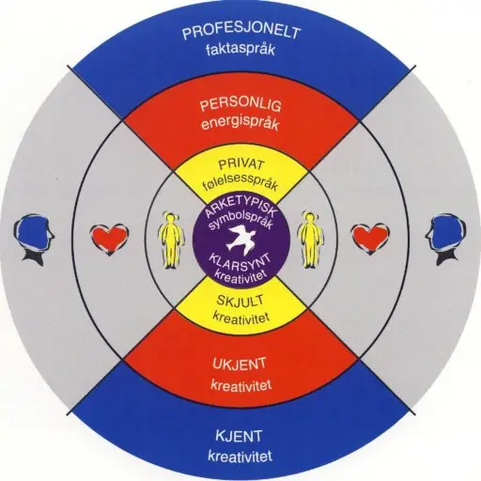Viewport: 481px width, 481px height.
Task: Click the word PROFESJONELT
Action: pyautogui.click(x=241, y=33)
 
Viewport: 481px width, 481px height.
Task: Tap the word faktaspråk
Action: pyautogui.click(x=240, y=50)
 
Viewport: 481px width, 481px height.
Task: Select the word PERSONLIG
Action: pyautogui.click(x=240, y=106)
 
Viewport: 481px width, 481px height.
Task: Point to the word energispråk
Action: pyautogui.click(x=240, y=124)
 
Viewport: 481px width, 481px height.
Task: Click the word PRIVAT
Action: pyautogui.click(x=241, y=164)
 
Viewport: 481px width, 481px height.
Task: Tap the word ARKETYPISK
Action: pyautogui.click(x=240, y=209)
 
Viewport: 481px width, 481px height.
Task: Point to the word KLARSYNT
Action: pyautogui.click(x=240, y=260)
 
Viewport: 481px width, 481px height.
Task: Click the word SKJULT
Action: pyautogui.click(x=240, y=302)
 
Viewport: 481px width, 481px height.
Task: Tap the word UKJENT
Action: pyautogui.click(x=240, y=365)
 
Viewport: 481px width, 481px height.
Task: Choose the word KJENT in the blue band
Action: pyautogui.click(x=239, y=437)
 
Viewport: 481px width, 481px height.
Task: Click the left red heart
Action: pyautogui.click(x=109, y=240)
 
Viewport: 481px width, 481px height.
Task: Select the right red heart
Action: pyautogui.click(x=370, y=239)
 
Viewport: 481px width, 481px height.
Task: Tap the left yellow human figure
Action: pyautogui.click(x=171, y=240)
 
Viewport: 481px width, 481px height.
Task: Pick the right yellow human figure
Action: pyautogui.click(x=310, y=240)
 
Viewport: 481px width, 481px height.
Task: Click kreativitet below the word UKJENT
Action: pyautogui.click(x=241, y=384)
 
